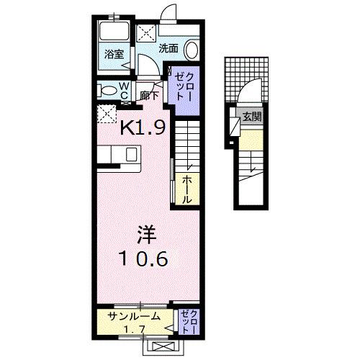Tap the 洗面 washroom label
pos(168,49)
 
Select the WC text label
pos(123,90)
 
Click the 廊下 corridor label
pos(150,94)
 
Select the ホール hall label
pos(186,189)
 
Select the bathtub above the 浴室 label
pos(113,32)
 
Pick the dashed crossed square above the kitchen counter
pos(107,113)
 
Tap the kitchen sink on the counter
pos(131,155)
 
